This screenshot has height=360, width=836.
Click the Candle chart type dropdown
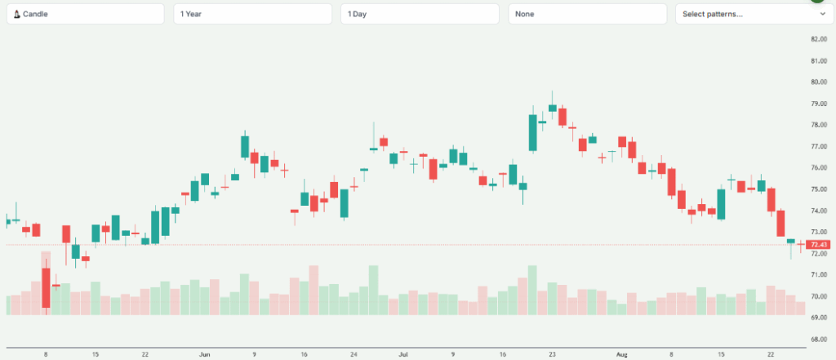pos(87,14)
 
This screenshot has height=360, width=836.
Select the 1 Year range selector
pos(253,14)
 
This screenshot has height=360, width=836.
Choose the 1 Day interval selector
pos(420,14)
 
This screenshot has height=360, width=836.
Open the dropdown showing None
pos(587,14)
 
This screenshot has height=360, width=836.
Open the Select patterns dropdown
pos(751,14)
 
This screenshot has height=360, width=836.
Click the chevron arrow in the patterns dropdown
pos(822,14)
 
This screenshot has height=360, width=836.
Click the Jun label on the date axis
pos(205,355)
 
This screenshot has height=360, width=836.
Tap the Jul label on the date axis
pos(403,355)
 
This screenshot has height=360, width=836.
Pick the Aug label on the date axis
pos(622,355)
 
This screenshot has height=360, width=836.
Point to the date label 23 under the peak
pos(553,355)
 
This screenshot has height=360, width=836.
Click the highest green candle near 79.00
pos(553,108)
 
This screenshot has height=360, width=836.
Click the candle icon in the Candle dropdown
pos(16,14)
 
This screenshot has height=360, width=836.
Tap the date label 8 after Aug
pos(672,355)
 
